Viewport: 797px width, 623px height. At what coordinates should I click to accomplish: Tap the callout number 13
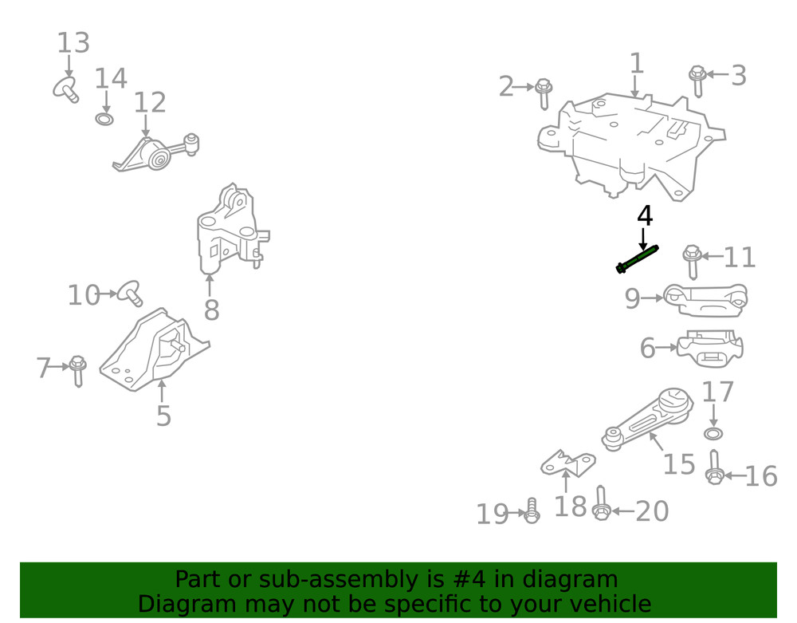point(73,43)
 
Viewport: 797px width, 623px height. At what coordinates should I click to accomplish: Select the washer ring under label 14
point(104,120)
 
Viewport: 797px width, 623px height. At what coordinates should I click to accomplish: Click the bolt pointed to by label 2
point(544,93)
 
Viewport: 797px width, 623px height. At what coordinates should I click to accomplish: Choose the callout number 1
point(636,63)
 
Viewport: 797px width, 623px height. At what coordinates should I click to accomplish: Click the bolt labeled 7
point(77,371)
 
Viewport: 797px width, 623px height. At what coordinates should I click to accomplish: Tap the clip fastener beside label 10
point(129,293)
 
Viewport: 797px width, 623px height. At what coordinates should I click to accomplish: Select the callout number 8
point(211,310)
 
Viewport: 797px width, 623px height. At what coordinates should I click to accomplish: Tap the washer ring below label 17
point(713,433)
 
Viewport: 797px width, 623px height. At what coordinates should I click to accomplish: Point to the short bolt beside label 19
point(532,510)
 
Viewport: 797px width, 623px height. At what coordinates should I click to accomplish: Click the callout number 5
point(163,416)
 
